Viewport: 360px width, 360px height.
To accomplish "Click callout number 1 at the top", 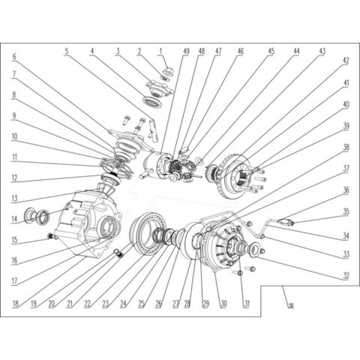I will (160, 52).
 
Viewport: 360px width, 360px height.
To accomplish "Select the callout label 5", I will (67, 52).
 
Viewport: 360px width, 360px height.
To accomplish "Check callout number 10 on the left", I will (14, 136).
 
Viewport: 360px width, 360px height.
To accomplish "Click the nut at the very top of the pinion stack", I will (163, 73).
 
